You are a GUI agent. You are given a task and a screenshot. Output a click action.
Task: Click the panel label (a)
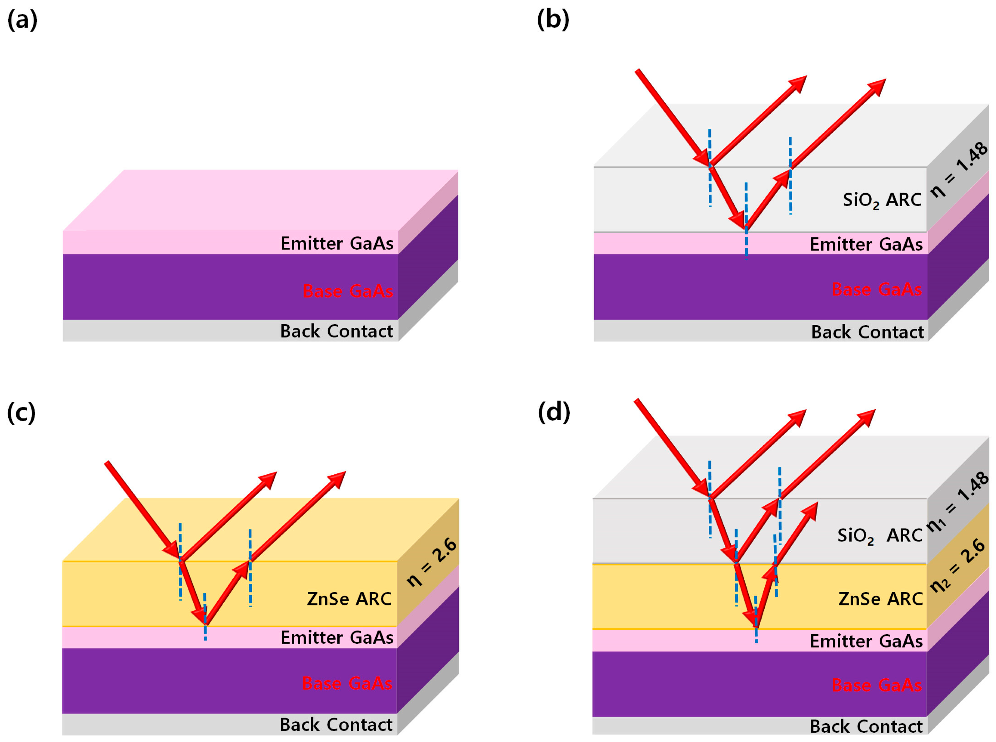tap(22, 20)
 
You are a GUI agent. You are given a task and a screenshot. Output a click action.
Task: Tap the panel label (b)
tap(553, 20)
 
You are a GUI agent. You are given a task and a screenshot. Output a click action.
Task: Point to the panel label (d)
tap(554, 412)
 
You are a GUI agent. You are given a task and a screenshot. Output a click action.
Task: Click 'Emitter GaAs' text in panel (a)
tap(337, 243)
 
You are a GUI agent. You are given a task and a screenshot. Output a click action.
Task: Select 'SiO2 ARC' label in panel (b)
tap(882, 200)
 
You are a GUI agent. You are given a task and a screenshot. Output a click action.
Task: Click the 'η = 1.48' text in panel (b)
tap(959, 170)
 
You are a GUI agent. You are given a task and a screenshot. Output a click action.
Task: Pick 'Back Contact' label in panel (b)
tap(867, 332)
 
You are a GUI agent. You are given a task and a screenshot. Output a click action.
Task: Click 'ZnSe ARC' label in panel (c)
tap(349, 599)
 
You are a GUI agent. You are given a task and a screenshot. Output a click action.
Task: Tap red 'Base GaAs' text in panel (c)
tap(347, 683)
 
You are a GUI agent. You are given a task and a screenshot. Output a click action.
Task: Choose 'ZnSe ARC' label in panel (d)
tap(881, 599)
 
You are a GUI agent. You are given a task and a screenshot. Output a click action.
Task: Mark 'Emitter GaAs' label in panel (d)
tap(866, 641)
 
